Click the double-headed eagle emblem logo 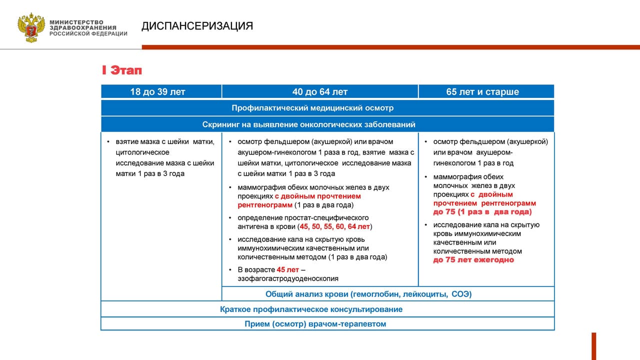(x=31, y=27)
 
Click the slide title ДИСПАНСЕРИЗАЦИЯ (x=197, y=26)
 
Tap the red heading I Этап (x=122, y=70)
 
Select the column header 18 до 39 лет (x=158, y=92)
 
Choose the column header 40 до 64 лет (x=320, y=92)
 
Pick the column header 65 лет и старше (x=482, y=92)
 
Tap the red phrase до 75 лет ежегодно (x=473, y=260)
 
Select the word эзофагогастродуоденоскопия (x=288, y=278)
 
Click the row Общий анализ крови (x=368, y=294)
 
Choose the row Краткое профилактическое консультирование (x=311, y=309)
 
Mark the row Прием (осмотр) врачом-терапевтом (x=315, y=324)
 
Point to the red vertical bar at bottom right (x=593, y=346)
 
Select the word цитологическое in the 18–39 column (x=142, y=152)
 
